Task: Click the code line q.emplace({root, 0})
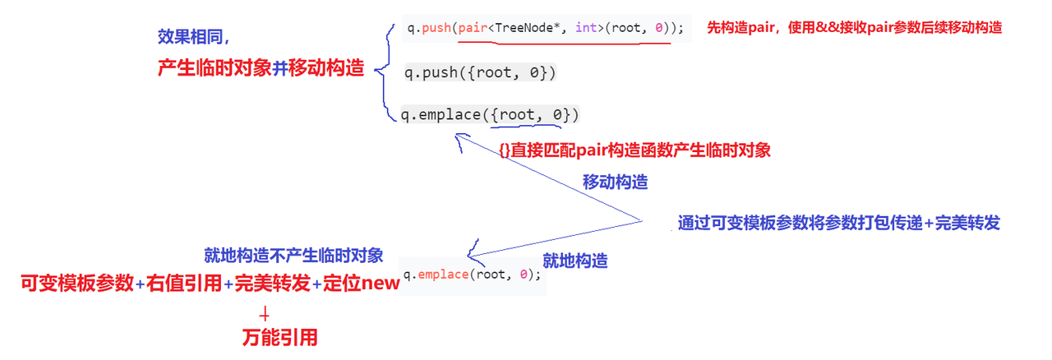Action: click(x=490, y=114)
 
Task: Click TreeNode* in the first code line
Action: click(x=527, y=28)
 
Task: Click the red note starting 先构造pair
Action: click(x=854, y=27)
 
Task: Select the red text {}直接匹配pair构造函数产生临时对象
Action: click(x=634, y=150)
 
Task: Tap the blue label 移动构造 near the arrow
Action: click(x=616, y=182)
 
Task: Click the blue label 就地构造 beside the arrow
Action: click(x=575, y=261)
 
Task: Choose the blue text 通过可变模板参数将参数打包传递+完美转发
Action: click(x=838, y=223)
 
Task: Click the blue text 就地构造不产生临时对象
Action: click(x=293, y=256)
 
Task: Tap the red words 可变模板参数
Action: click(x=77, y=284)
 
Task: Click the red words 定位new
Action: click(x=362, y=284)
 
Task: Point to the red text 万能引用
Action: click(x=279, y=337)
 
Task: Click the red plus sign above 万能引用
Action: click(x=265, y=313)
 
